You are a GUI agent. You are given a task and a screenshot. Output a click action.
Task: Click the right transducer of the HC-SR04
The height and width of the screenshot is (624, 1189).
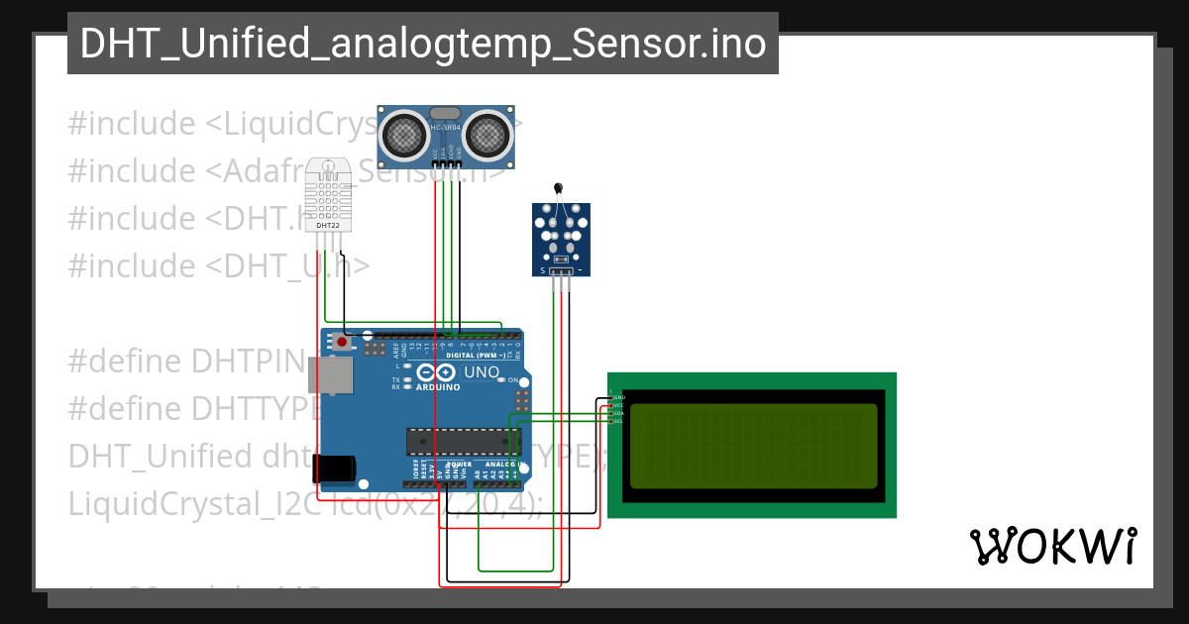[488, 133]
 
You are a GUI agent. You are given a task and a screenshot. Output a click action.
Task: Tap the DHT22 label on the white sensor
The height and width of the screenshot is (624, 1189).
[328, 225]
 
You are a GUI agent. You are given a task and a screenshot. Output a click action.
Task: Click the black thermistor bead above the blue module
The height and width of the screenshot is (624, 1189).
[559, 187]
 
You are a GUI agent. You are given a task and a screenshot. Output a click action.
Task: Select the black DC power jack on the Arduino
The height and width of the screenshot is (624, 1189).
[334, 468]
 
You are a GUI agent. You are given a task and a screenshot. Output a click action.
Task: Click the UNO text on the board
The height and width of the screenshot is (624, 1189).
[483, 372]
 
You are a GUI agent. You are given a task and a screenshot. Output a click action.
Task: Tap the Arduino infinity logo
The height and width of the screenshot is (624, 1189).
[437, 372]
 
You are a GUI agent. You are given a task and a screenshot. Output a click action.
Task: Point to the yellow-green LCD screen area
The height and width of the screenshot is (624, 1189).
[753, 446]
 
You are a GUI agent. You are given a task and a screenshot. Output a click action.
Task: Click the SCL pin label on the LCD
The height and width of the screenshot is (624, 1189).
[617, 421]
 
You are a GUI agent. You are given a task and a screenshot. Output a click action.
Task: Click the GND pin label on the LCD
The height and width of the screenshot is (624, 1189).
[618, 397]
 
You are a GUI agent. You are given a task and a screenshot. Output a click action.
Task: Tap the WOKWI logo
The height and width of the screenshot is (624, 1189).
[1052, 547]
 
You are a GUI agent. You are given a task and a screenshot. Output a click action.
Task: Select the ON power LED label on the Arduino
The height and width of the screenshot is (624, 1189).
[513, 380]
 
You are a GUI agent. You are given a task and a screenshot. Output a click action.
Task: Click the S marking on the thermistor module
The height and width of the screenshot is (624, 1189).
[542, 270]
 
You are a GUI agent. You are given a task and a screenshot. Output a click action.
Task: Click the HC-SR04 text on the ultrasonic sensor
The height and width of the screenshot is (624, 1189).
[446, 128]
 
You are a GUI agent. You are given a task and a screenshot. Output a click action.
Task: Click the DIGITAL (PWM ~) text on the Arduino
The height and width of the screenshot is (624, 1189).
[477, 355]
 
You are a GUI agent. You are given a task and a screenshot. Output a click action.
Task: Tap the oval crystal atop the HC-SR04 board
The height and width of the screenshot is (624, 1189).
[446, 114]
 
